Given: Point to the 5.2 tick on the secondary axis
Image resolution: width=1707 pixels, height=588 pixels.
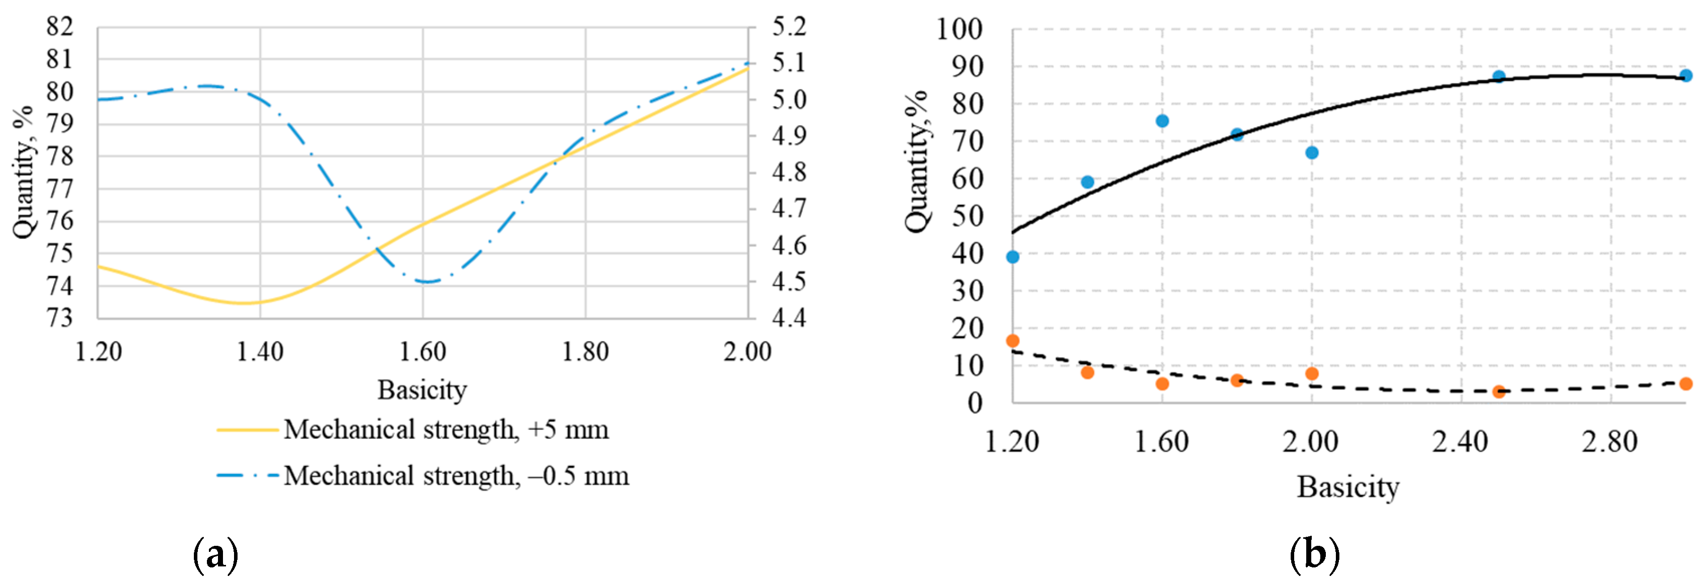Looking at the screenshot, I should coord(788,27).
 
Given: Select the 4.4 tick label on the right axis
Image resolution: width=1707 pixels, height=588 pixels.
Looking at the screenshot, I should coord(788,317).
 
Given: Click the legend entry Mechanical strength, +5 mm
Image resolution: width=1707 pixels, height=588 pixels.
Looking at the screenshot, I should coord(445,429).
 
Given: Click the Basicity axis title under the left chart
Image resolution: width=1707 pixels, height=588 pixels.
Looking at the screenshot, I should coord(422,390).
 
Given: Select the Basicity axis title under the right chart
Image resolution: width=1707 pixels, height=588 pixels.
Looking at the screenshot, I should coord(1347,487).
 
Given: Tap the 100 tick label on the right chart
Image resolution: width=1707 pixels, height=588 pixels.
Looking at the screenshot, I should coord(959,29).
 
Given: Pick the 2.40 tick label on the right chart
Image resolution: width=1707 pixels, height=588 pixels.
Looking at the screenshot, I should coord(1460,441).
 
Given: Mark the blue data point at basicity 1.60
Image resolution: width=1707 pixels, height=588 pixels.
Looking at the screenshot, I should coord(1162,121).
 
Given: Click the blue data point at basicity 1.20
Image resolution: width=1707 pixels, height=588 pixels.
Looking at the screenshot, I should coord(1012,257).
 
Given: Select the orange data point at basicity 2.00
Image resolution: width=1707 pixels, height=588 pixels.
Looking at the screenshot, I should coord(1311,373).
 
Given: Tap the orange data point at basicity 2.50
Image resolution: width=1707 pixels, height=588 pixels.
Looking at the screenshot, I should coord(1499,392).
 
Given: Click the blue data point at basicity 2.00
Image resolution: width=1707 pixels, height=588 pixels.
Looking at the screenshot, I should coord(1311,153).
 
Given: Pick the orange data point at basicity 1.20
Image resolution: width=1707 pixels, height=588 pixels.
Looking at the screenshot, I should coord(1012,341).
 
